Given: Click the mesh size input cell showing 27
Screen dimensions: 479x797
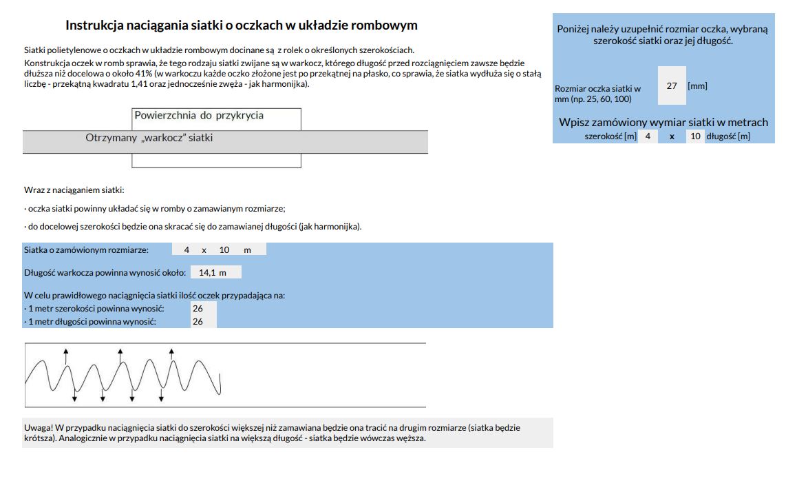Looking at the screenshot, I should coord(672,86).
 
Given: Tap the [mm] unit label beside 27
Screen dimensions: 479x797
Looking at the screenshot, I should coord(697,86).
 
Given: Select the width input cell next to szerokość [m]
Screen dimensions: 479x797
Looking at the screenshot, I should coord(648,136).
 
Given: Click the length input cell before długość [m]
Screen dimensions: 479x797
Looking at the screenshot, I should coord(695,136).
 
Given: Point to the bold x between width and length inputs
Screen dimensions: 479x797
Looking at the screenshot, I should coord(672,136).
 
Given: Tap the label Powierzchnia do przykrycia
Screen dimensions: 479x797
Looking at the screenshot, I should coord(199,115).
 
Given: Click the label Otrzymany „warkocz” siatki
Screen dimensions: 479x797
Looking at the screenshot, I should coord(149,138).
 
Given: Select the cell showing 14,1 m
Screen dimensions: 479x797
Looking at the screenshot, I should coord(213,272).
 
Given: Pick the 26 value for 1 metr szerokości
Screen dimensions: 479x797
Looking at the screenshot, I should coord(198,309).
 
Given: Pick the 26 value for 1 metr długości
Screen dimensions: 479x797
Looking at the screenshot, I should coord(198,321).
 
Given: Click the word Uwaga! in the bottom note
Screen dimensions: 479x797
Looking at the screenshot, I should coord(39,427).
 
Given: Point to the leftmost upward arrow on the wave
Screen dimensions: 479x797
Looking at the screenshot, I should coord(66,353).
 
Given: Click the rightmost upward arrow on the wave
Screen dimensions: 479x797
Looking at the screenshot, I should coord(171,354).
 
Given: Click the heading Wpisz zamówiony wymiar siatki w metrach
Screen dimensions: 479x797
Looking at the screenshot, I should coord(663,123).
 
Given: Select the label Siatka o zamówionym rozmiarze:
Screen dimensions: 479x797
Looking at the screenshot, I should coord(86,249).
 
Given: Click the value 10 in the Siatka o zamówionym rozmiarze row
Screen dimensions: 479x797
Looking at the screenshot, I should coord(224,249).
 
